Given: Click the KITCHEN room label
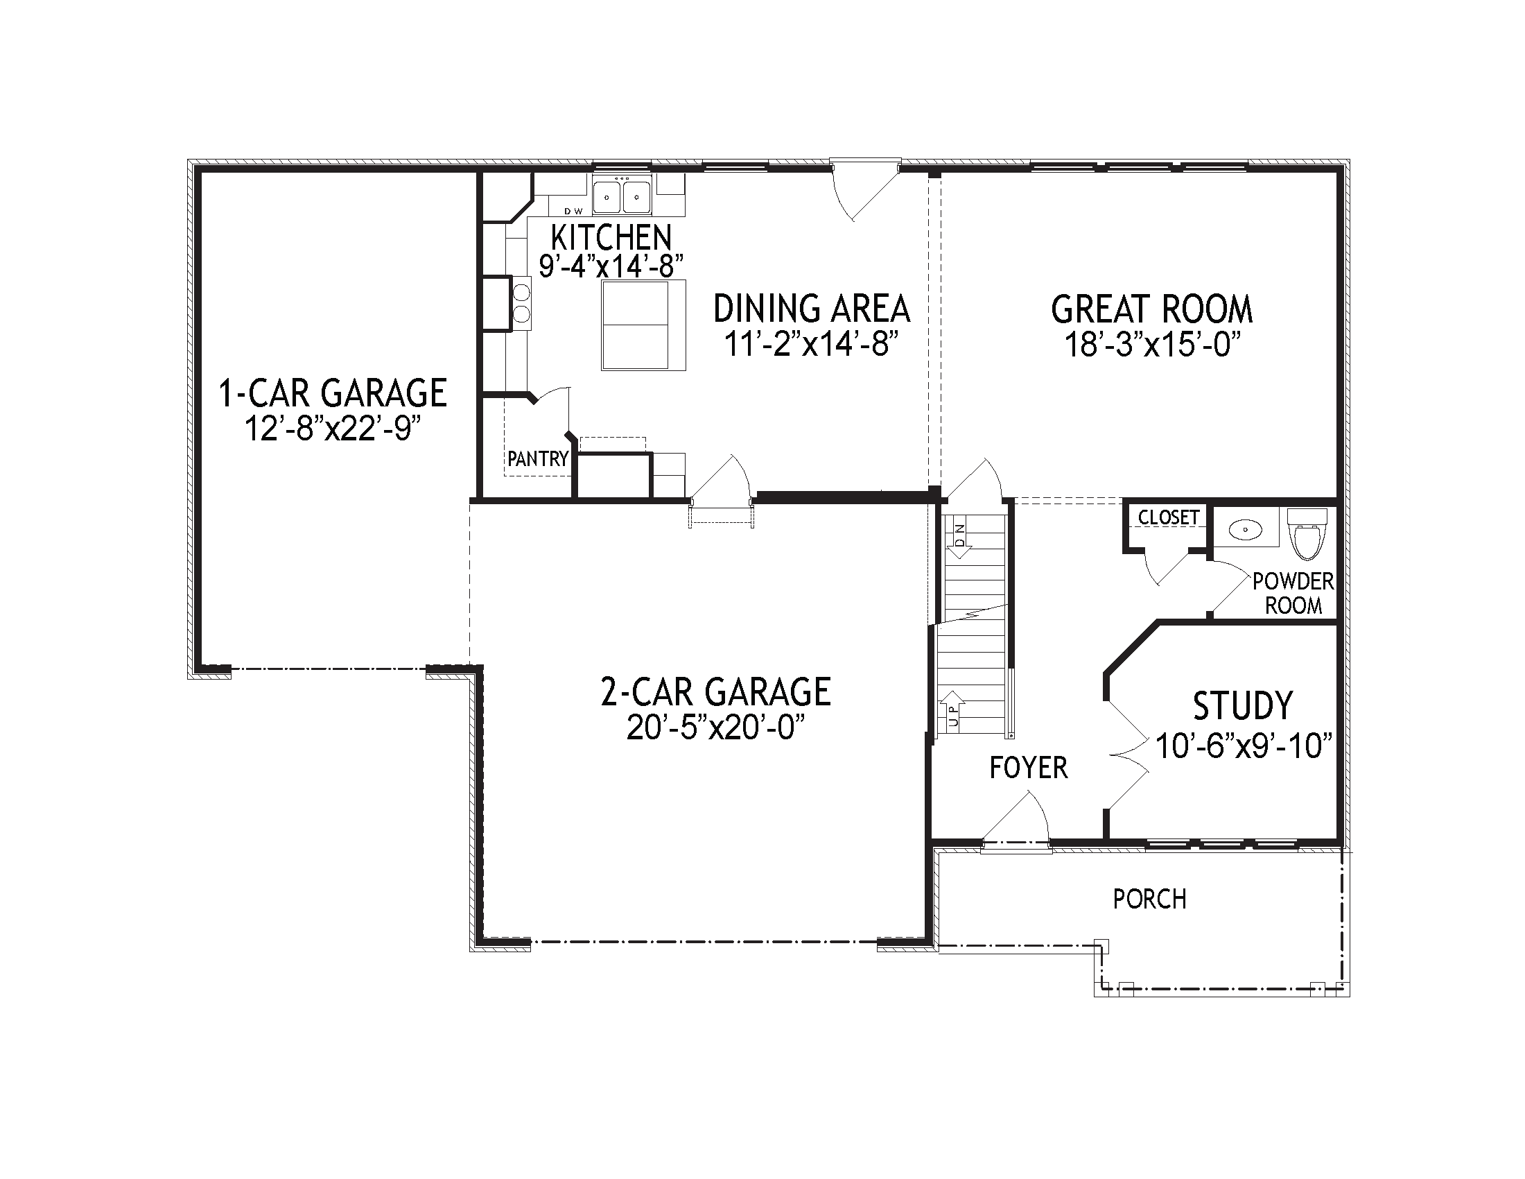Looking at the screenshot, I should tap(610, 237).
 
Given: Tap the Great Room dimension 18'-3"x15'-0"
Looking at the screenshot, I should tap(1151, 345).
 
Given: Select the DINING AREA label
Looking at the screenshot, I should tap(812, 308).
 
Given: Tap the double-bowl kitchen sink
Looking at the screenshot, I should tap(622, 195).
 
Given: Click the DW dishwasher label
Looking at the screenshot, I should tap(573, 211).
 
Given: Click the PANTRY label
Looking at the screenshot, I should tap(537, 459).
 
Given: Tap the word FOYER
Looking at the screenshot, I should tap(1029, 768).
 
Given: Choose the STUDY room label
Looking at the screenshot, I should tap(1242, 705).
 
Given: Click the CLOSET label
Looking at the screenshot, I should tap(1168, 517).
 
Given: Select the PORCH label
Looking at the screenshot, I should tap(1149, 900).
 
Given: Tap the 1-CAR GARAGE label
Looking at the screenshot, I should tap(333, 393).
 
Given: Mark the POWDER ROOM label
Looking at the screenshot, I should tap(1293, 593).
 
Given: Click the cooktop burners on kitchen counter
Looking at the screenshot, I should tap(521, 302).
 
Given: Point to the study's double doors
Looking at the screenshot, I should tap(1128, 755).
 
